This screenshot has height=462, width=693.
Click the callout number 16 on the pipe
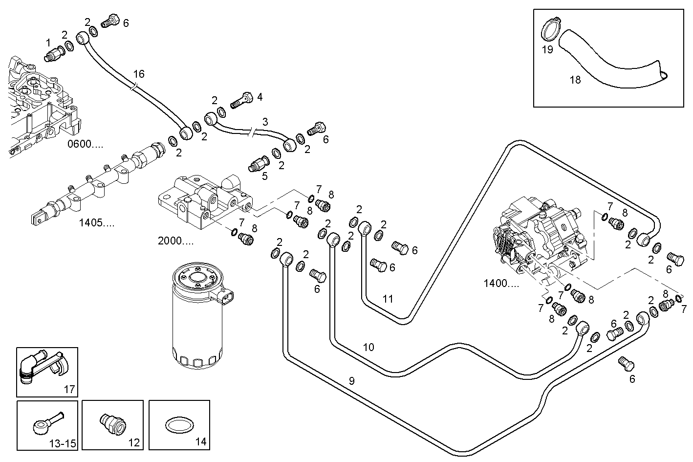(139, 74)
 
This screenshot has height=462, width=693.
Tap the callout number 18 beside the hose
(576, 80)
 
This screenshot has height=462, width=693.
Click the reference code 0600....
(85, 145)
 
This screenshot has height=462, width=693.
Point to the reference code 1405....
(97, 223)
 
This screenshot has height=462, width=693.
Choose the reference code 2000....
(175, 241)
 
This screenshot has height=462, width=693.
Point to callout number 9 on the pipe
(352, 381)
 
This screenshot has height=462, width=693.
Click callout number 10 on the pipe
(368, 347)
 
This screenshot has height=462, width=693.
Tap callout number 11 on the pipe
(388, 299)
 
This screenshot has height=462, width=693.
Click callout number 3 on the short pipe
(264, 121)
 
